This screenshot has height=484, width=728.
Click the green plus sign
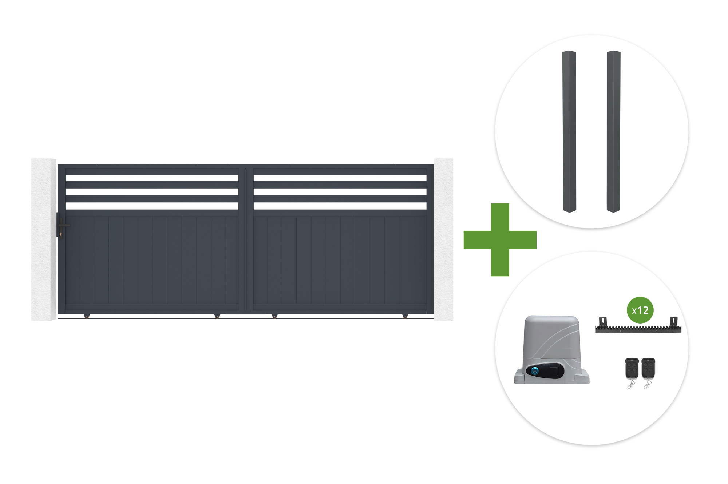tap(500, 240)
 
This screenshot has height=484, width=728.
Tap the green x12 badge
tap(640, 310)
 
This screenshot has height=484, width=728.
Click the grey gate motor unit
tap(551, 350)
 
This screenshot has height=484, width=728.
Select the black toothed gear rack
tap(638, 325)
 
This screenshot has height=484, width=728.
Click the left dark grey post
tap(569, 131)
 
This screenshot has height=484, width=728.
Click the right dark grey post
tap(613, 131)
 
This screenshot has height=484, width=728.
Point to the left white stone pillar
tap(44, 239)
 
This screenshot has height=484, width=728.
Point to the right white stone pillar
tap(443, 239)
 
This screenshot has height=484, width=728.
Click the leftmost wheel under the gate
tap(87, 316)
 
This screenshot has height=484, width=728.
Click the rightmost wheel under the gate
tap(405, 316)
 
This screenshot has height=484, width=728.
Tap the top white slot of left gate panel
tap(152, 178)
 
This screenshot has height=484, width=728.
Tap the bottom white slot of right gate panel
tap(340, 206)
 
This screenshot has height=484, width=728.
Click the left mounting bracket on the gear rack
tap(603, 321)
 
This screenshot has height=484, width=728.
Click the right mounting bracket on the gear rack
tap(674, 321)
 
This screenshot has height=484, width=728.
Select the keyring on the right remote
tap(647, 384)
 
